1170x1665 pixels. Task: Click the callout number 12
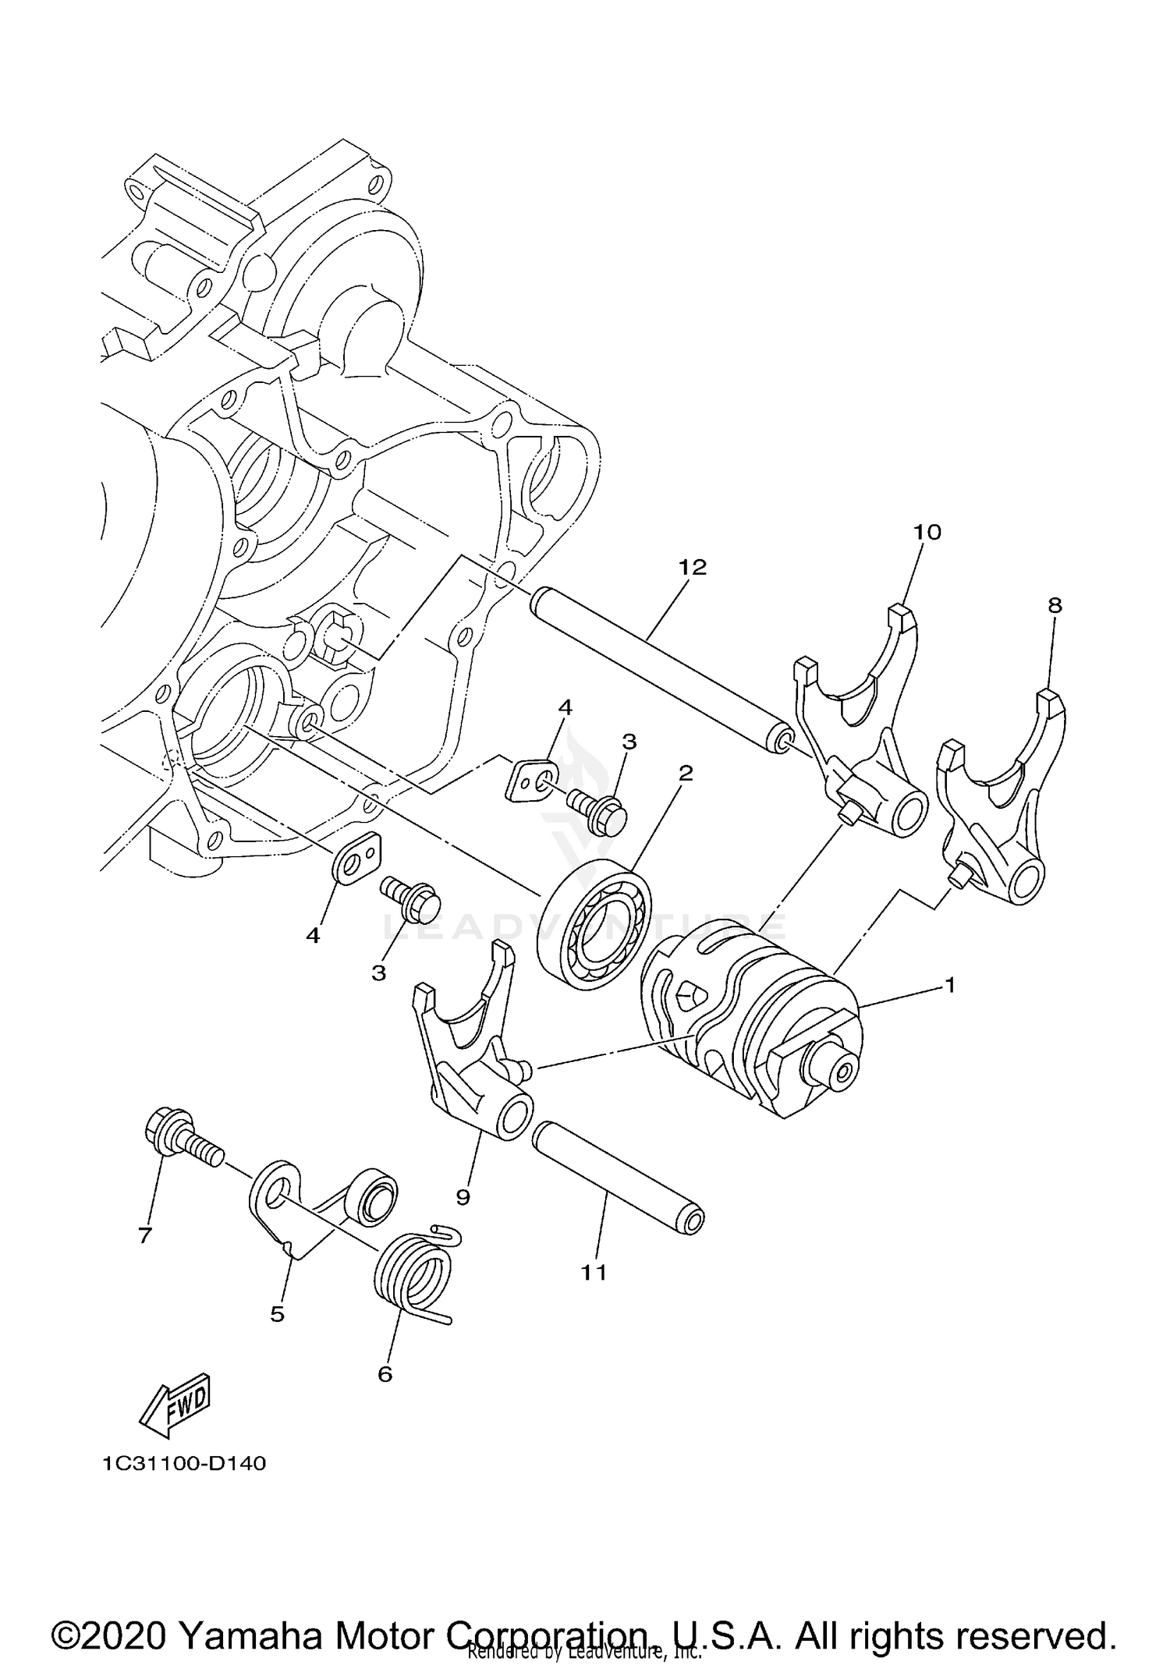692,568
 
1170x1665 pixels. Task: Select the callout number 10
927,533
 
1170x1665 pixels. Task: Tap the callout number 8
1055,605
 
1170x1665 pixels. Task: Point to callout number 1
949,986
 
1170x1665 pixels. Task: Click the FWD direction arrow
175,1405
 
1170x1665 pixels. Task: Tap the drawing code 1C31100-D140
184,1464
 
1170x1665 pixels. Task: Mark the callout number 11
594,1273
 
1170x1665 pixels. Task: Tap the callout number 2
686,774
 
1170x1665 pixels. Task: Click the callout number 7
144,1235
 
